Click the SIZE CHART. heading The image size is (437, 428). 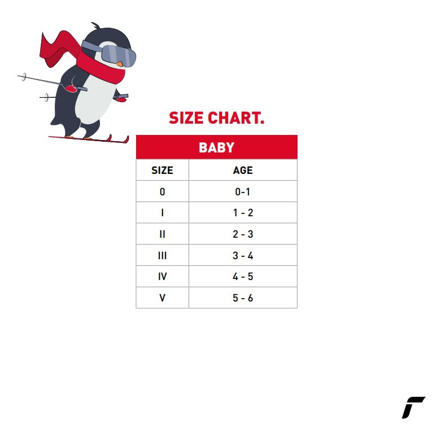coord(216,118)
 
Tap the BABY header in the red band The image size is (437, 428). coord(217,147)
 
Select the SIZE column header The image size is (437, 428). coord(162,171)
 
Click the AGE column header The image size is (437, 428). coord(243,171)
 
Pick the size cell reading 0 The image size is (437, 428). coord(162,192)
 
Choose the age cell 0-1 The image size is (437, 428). coord(242,192)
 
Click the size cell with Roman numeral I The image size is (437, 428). coord(162,213)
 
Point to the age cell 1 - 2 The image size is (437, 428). coord(243,213)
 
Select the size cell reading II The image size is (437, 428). coord(162,234)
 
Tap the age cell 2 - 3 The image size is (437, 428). coord(243,234)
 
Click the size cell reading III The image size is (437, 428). coord(162,256)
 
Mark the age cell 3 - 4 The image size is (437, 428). coord(243,256)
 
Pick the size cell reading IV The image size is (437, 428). coord(162,277)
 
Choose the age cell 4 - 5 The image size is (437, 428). coord(243,277)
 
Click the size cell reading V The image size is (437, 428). coord(162,298)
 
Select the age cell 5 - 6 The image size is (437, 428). coord(243,298)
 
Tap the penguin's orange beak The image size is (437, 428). coord(119,64)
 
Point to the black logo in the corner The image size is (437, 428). coord(413,407)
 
